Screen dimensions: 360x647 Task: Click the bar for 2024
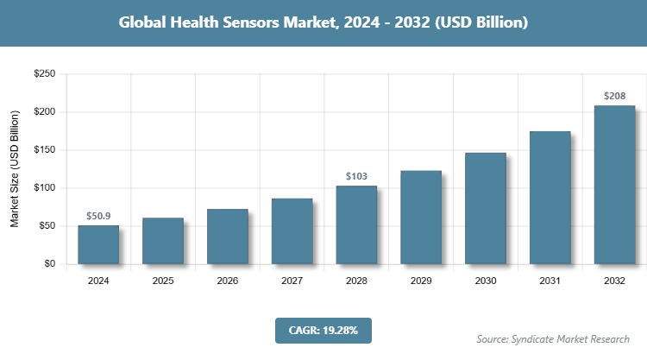(x=98, y=244)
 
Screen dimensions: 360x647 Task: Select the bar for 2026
(x=228, y=237)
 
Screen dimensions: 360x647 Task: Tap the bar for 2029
(x=421, y=217)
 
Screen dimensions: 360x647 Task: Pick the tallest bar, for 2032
(x=614, y=185)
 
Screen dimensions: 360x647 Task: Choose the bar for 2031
(x=550, y=198)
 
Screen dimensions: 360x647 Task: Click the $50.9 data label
(x=98, y=216)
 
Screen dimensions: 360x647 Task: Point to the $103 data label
(x=356, y=176)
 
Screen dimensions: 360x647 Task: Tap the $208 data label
(x=614, y=96)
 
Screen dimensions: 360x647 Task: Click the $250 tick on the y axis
(x=45, y=74)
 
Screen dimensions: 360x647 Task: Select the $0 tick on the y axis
(x=50, y=264)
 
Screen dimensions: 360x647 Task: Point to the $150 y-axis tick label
(x=45, y=150)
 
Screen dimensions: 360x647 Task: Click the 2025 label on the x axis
(x=163, y=281)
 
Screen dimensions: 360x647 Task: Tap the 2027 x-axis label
(x=292, y=281)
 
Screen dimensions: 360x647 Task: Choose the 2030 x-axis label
(x=485, y=281)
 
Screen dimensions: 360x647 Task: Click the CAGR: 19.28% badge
(x=323, y=331)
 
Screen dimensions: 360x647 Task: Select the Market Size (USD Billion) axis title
(x=15, y=169)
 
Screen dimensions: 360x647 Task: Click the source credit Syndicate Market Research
(x=553, y=338)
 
